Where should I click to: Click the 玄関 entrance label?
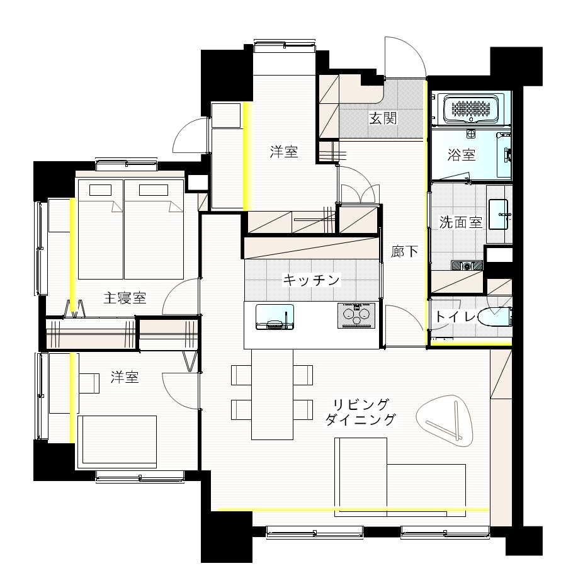pos(383,118)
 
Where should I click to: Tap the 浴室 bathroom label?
pos(461,154)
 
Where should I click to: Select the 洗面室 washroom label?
pos(461,222)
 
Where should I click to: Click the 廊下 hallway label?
pos(404,251)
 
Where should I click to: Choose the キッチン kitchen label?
pos(311,280)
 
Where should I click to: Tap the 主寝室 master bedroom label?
pos(125,298)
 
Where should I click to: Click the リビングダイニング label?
pos(361,412)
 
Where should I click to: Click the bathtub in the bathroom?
pos(471,108)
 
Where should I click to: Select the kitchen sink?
pos(275,317)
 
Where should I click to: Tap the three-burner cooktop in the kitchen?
pos(356,315)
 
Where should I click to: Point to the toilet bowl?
pos(495,316)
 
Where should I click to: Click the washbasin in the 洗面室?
pos(499,215)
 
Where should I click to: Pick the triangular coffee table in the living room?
pos(445,421)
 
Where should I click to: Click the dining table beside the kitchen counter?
pos(273,394)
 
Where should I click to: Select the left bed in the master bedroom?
pos(101,229)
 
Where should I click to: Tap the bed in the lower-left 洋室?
pos(117,442)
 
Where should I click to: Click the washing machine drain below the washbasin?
pos(467,266)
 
